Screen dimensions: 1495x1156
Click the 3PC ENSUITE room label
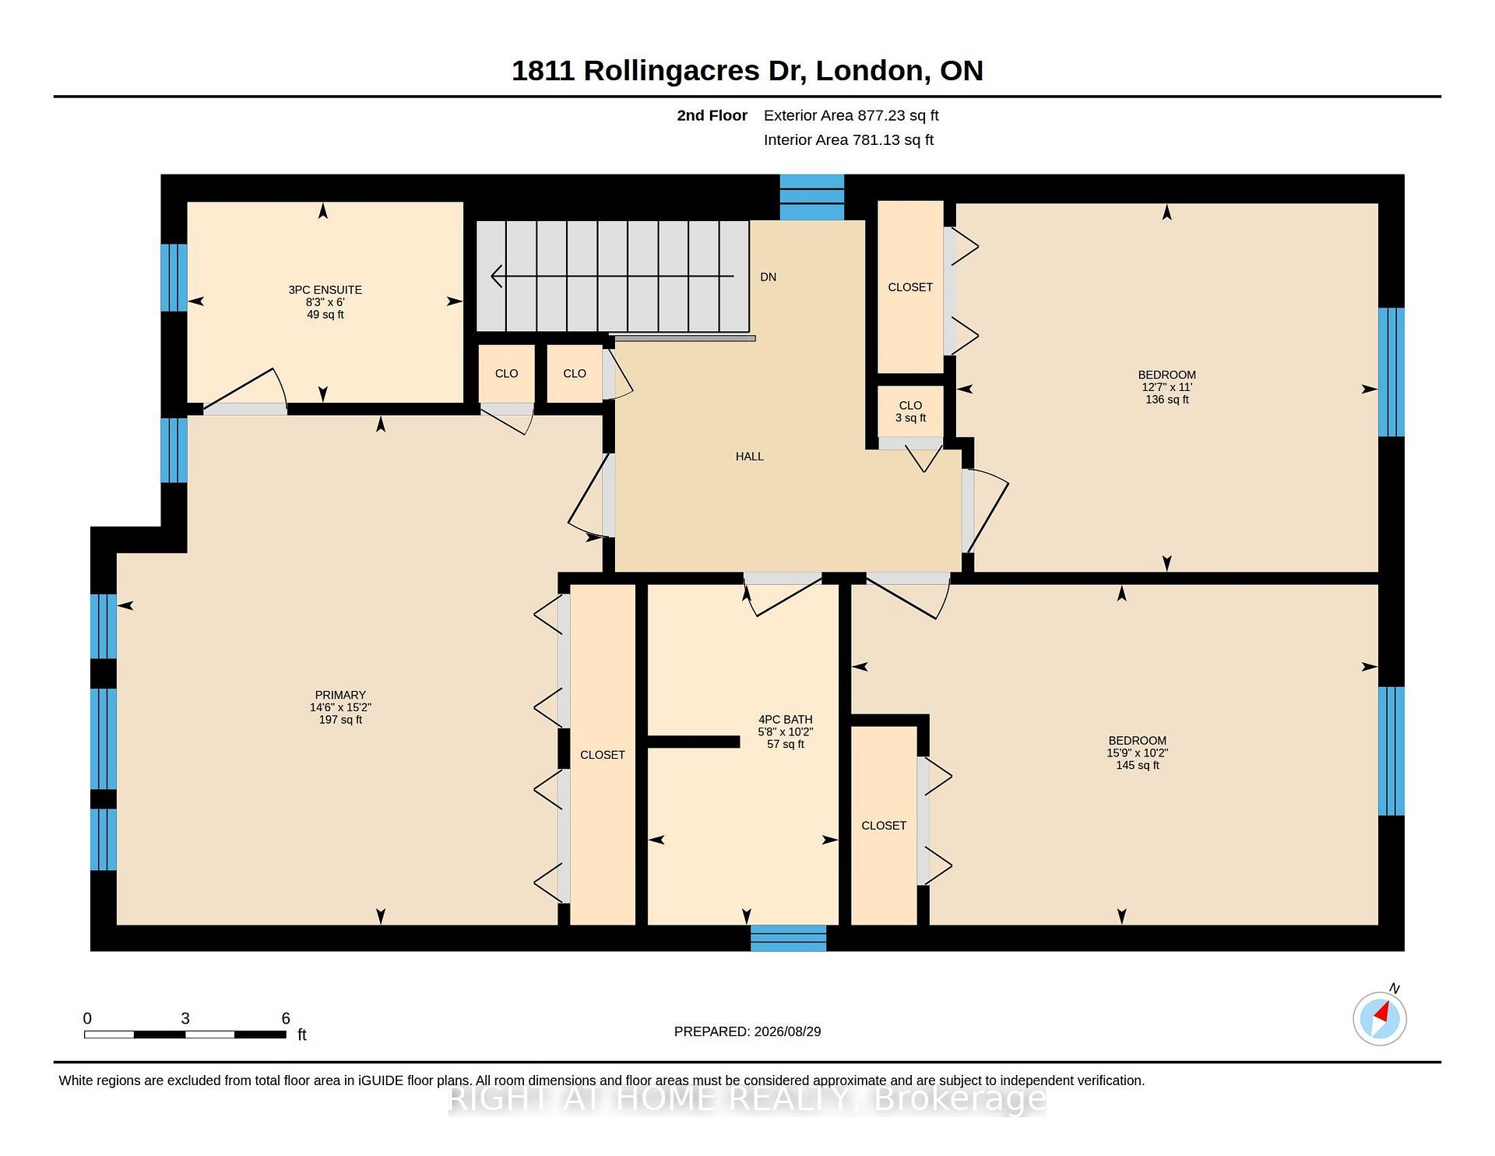pos(325,290)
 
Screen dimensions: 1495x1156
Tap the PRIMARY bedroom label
pos(340,695)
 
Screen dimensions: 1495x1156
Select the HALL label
pos(750,456)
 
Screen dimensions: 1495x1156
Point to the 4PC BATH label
pos(786,720)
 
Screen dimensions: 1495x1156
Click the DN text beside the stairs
pos(769,277)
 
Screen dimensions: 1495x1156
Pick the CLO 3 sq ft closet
pos(910,411)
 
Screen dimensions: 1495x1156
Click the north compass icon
pos(1380,1017)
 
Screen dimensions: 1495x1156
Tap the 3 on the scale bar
pos(185,1018)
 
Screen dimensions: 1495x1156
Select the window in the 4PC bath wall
pos(788,938)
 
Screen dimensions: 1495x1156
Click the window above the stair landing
pos(812,197)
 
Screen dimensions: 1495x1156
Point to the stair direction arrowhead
pos(497,276)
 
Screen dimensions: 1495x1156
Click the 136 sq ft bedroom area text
pos(1167,400)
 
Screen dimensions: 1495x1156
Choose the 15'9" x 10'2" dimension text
pos(1138,753)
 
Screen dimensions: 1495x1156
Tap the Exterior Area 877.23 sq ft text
pos(851,115)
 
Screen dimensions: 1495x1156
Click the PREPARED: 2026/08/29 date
pos(747,1031)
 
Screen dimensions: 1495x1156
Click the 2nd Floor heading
pos(712,115)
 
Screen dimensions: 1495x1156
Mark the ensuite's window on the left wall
pos(174,277)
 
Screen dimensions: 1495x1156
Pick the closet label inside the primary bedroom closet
pos(603,755)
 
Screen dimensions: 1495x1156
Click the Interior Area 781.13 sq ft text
pos(849,140)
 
